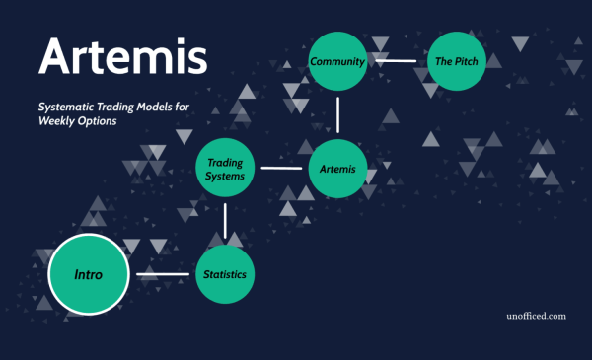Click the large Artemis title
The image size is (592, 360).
[122, 57]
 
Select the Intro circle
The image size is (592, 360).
[89, 272]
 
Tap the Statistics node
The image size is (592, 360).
[226, 273]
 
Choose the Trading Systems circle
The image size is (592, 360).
[226, 169]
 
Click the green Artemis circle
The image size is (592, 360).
[337, 169]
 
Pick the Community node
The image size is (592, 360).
[337, 62]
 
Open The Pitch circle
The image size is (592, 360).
[457, 62]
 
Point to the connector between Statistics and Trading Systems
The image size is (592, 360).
[226, 221]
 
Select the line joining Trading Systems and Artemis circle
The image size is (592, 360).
[281, 169]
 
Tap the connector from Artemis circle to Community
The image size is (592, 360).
[337, 115]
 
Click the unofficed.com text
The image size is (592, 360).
[533, 317]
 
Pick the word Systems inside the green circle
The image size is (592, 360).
[226, 177]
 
